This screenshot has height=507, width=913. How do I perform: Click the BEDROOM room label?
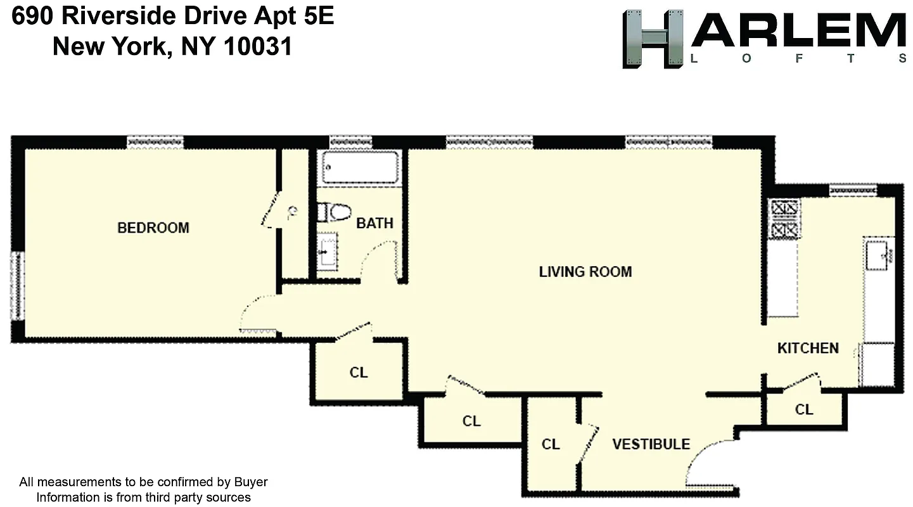pos(153,228)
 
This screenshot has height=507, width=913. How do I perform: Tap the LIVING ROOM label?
pos(585,272)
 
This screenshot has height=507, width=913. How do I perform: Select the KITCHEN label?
pos(808,348)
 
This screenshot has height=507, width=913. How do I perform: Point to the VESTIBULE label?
pos(651,444)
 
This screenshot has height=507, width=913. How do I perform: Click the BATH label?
pos(374,223)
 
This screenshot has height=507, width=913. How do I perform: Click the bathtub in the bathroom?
pos(360,167)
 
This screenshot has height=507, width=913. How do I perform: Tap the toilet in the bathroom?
pos(335,212)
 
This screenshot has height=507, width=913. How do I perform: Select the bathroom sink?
pos(328,251)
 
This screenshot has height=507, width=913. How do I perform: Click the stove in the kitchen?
pos(784,219)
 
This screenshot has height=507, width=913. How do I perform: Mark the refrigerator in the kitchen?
pos(877,364)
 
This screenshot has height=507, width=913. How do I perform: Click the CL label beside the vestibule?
pos(551,445)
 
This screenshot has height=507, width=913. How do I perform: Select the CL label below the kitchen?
pos(804,410)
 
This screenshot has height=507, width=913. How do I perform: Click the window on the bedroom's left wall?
pos(16,285)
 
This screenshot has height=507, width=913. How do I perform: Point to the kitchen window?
pos(853,188)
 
